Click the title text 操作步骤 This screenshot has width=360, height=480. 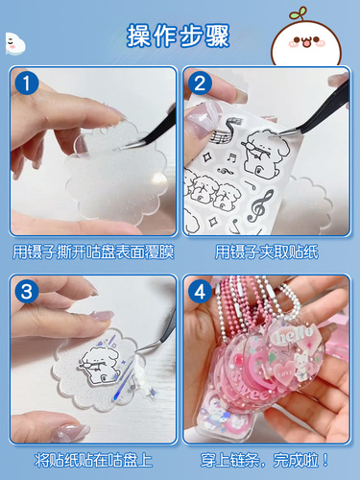click(x=179, y=36)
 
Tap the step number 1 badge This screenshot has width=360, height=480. click(x=26, y=84)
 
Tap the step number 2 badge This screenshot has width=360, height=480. click(x=200, y=84)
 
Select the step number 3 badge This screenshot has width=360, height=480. click(x=26, y=292)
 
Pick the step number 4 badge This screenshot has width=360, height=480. click(x=200, y=292)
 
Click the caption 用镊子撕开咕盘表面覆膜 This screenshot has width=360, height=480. click(x=93, y=252)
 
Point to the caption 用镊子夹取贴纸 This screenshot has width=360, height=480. click(x=267, y=252)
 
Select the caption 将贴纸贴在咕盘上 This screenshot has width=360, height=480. click(x=93, y=460)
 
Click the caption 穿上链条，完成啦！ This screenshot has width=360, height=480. click(x=265, y=460)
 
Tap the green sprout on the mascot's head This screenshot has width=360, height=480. click(x=299, y=13)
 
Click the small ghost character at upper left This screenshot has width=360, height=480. click(x=14, y=43)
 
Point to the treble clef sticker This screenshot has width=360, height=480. click(x=261, y=206)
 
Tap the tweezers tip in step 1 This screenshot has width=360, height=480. click(x=122, y=148)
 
